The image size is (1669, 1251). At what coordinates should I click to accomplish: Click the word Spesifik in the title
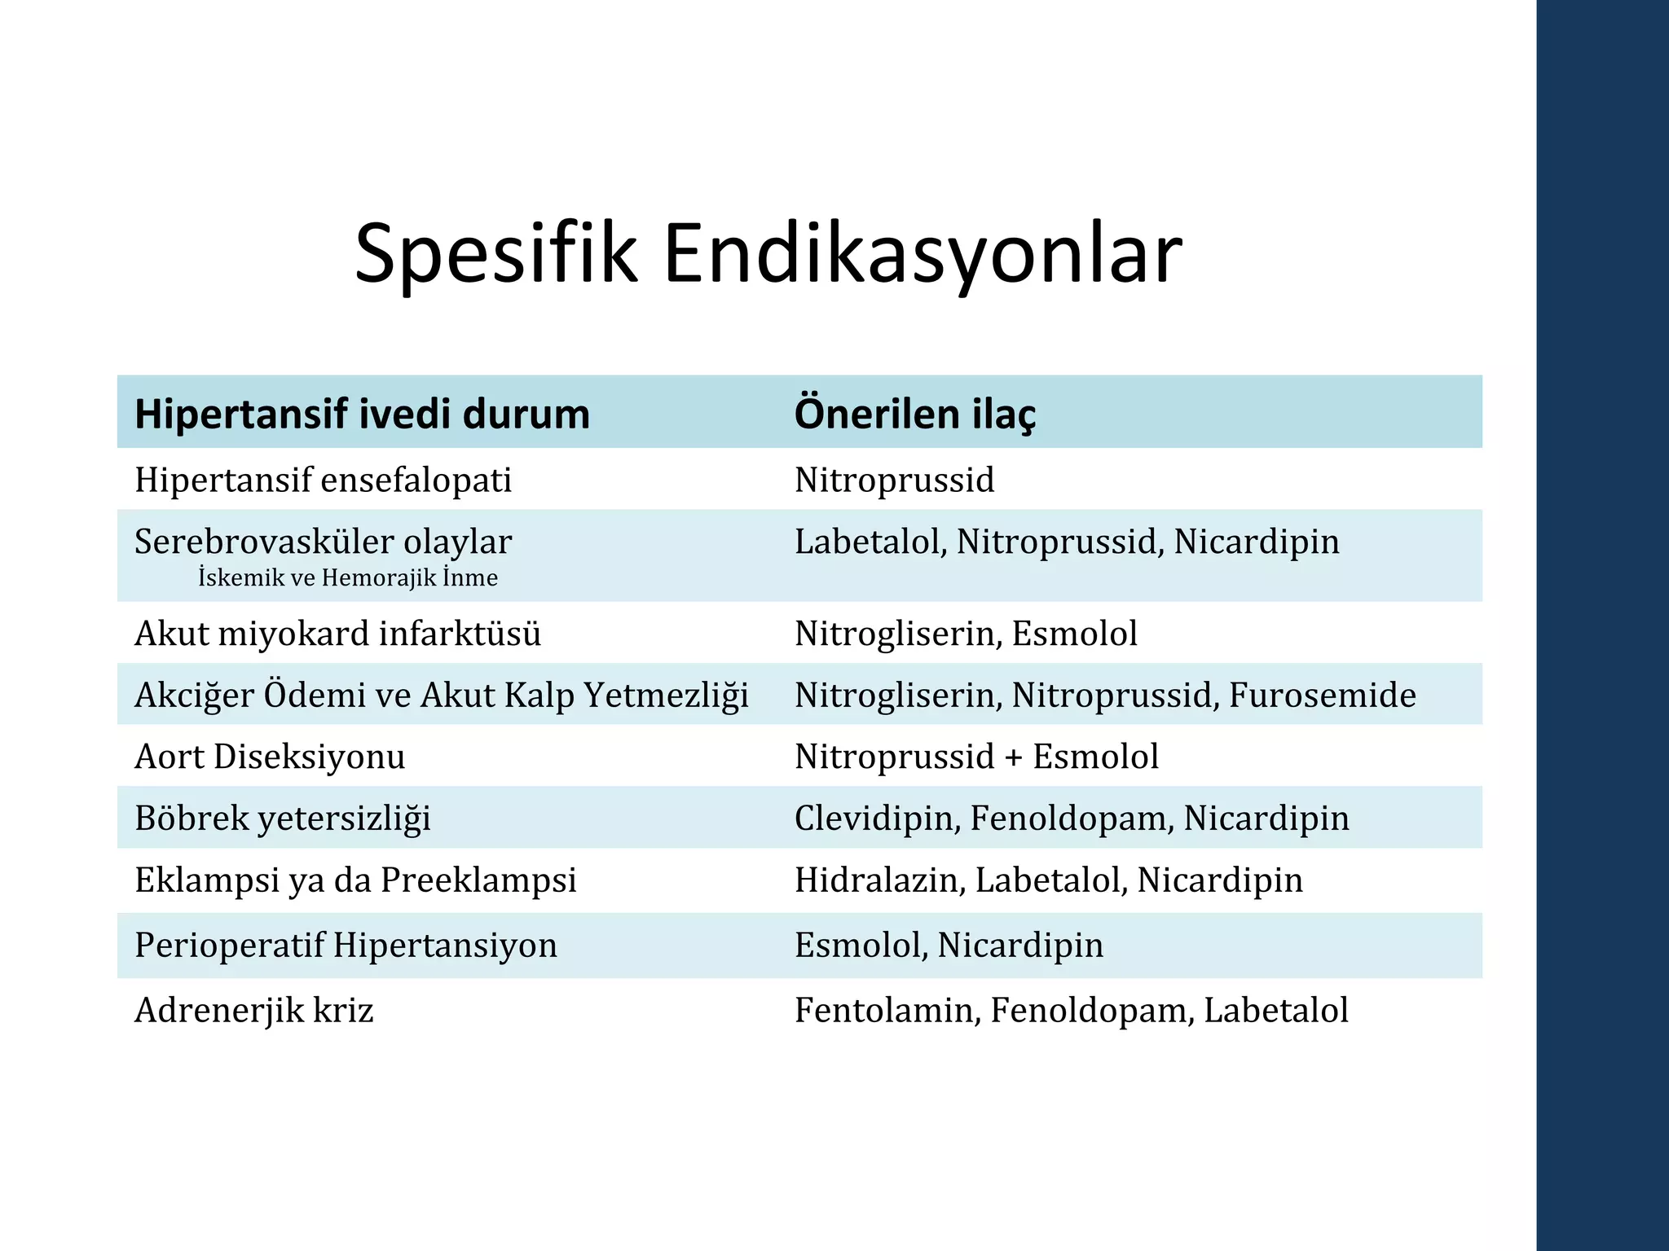(x=495, y=254)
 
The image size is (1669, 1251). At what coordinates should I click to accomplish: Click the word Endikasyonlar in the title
(x=923, y=254)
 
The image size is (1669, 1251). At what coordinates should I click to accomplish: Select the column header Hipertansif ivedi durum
(x=362, y=414)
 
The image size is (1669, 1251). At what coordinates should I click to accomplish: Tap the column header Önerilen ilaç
(x=914, y=414)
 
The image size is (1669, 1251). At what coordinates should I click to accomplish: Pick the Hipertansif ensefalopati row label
(x=323, y=480)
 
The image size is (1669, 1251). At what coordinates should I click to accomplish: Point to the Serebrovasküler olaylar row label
(x=323, y=542)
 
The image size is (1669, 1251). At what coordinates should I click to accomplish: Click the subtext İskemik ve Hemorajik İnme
(x=348, y=578)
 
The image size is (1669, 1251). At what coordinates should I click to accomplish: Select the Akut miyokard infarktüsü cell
(x=337, y=634)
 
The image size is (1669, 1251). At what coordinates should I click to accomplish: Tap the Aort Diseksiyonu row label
(x=270, y=757)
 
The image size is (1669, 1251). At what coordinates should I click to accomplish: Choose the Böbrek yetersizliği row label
(x=283, y=819)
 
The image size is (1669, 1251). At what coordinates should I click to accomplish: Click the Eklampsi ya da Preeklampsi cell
(x=355, y=880)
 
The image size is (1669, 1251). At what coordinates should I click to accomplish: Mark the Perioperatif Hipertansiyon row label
(x=346, y=946)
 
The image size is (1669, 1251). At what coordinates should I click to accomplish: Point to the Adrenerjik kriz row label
(x=253, y=1011)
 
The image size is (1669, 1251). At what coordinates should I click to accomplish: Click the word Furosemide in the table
(x=1322, y=696)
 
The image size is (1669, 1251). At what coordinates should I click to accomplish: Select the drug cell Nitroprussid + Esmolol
(x=976, y=757)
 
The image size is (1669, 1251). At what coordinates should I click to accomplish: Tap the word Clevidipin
(x=875, y=819)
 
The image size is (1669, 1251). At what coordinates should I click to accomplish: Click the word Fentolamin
(x=886, y=1011)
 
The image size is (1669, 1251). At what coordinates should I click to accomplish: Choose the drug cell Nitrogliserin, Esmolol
(x=966, y=634)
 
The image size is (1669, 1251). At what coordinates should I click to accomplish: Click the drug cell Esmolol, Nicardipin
(x=949, y=946)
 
